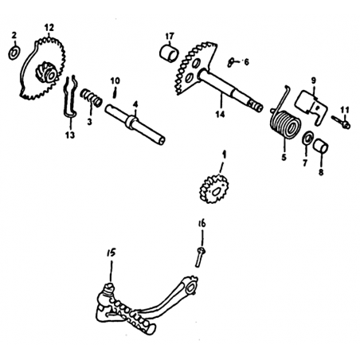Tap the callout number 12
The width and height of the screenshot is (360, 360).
49,28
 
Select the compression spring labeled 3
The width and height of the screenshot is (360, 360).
91,97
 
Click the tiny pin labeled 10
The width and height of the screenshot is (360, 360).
115,92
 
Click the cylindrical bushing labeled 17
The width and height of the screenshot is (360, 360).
169,54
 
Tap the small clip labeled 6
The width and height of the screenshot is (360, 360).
231,62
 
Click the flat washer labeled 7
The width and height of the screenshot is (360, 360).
308,139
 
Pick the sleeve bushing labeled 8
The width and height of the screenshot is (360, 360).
320,146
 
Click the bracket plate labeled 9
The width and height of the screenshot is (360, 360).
311,106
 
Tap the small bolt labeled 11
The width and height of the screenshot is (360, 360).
341,122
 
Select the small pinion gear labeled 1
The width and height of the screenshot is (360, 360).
214,189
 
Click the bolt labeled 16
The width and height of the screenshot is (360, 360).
200,256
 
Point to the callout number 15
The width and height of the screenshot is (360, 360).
112,253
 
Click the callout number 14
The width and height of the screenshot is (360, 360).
220,114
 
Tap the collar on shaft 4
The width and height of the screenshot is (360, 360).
131,122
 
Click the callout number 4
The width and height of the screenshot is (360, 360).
135,104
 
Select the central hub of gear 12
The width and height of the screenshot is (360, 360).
46,72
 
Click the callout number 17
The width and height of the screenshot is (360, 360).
170,36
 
